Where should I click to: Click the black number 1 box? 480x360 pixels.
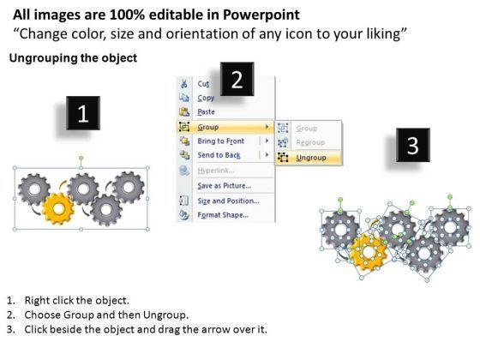click(x=83, y=113)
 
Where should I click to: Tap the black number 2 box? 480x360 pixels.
click(x=237, y=79)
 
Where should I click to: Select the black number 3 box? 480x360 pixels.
click(x=413, y=145)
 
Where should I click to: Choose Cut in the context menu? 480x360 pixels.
click(x=203, y=84)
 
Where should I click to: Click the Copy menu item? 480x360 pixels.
click(x=206, y=98)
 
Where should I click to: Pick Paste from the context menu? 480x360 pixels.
click(x=206, y=112)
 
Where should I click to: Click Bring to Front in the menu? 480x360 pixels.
click(x=221, y=141)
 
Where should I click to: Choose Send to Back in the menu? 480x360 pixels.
click(x=219, y=155)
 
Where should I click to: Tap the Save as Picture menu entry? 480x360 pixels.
click(x=224, y=186)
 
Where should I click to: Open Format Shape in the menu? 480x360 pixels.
click(x=223, y=215)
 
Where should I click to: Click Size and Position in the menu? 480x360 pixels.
click(x=228, y=201)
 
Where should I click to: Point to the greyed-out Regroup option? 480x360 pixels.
click(x=310, y=142)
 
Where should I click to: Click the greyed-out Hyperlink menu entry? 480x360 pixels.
click(x=216, y=171)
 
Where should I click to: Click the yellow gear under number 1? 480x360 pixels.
click(x=58, y=209)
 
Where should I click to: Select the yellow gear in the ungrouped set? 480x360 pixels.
click(x=369, y=252)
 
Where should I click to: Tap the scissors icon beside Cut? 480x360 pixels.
click(x=184, y=84)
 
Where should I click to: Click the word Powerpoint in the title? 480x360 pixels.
click(x=261, y=15)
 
